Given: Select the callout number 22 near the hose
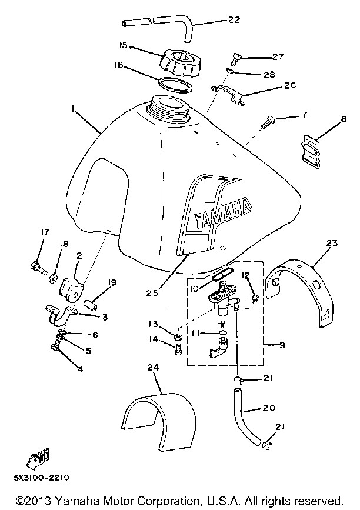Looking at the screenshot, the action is point(234,20).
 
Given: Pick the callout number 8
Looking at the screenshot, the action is point(344,119).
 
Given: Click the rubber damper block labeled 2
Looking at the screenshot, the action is point(71,287).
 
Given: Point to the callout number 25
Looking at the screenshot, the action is point(152,293).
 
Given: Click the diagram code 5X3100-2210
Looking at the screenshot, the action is point(41,478).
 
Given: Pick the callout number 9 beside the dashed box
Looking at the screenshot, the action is point(282,345).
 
